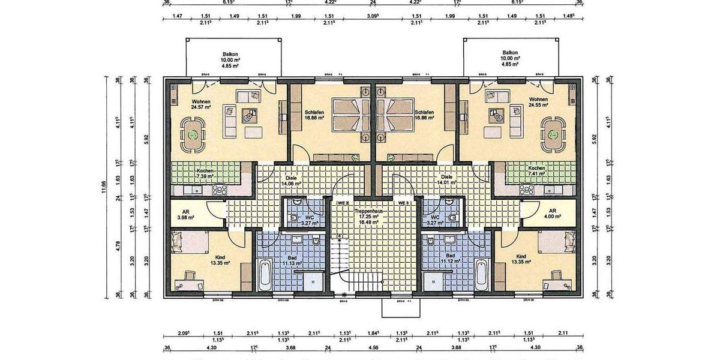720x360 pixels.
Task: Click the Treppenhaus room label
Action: coord(367,212)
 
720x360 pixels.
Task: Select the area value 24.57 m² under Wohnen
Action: coord(200,108)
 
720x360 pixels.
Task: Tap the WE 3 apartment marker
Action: coord(403,203)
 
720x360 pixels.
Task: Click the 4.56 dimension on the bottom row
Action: coord(373,347)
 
